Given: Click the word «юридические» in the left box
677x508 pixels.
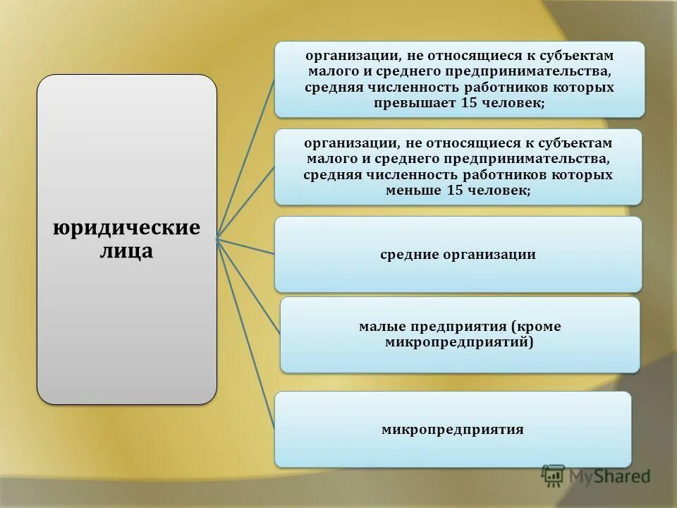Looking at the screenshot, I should [x=127, y=229].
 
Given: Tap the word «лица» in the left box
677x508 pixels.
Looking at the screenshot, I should [x=126, y=250].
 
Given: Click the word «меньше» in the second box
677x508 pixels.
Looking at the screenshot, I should [x=414, y=190].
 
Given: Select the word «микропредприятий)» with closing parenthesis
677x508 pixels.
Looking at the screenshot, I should [x=459, y=342].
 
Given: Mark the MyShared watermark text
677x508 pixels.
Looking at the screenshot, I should [x=610, y=476].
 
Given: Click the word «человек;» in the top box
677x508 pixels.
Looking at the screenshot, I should [x=513, y=103].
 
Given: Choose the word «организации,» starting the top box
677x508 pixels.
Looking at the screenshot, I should [x=346, y=56].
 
